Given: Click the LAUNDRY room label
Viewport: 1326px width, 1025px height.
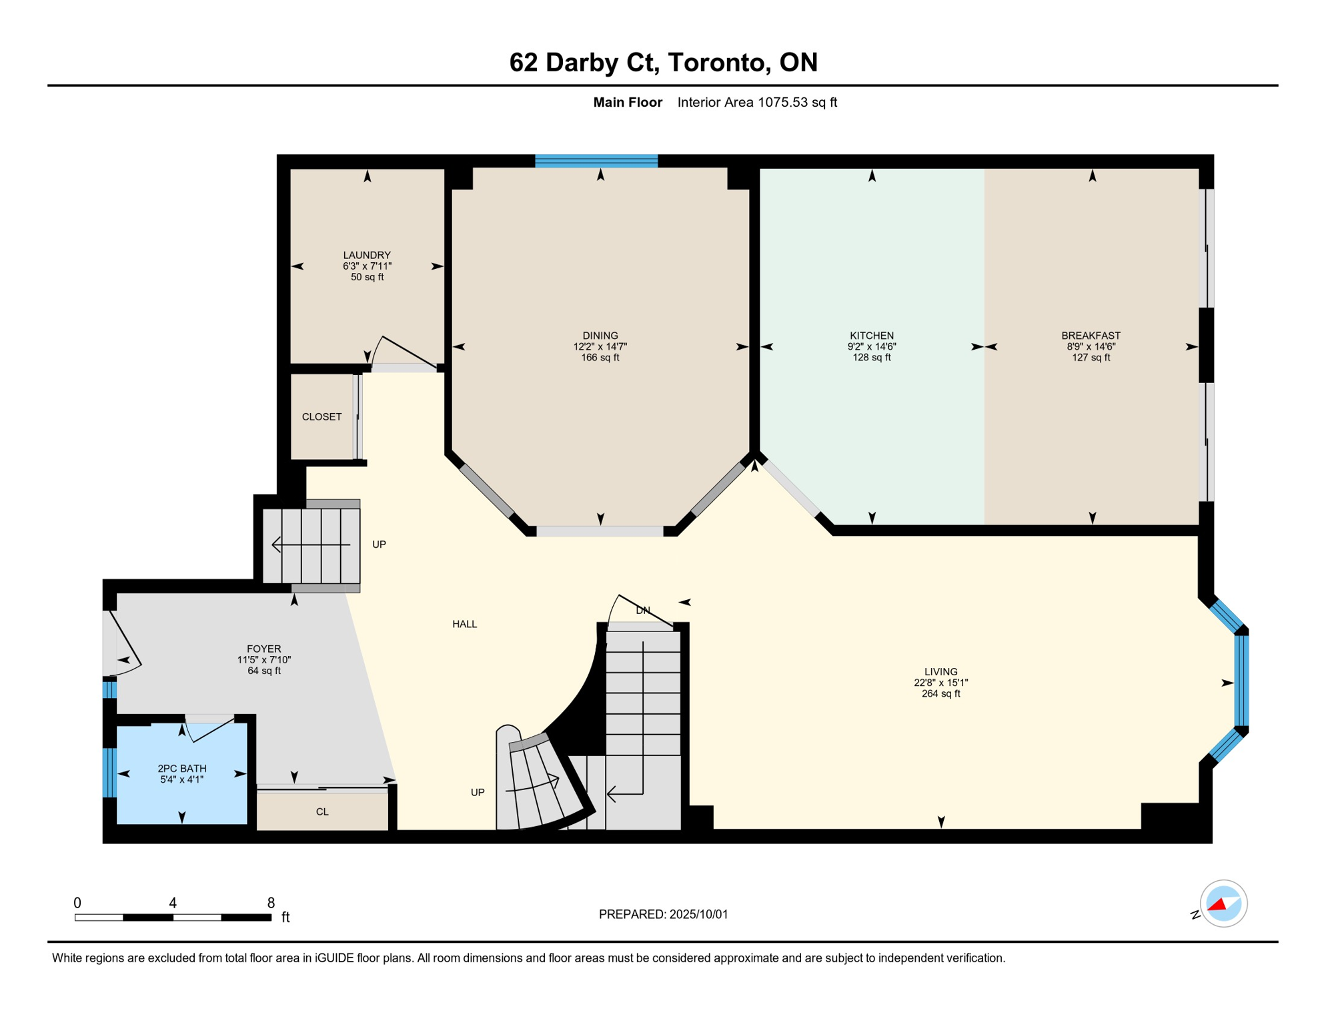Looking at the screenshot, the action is click(367, 255).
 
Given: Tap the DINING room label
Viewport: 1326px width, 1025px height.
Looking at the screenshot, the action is click(600, 336).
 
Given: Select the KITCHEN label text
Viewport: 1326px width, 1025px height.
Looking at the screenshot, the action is click(872, 336).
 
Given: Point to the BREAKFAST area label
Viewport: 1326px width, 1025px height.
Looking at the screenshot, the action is click(1091, 336).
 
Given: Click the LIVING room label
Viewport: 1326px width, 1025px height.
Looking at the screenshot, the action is click(941, 672).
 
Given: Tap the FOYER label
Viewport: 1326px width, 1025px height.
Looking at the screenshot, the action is click(264, 649).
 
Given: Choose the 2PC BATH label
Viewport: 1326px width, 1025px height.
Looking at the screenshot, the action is click(182, 769).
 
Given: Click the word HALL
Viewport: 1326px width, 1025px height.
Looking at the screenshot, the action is click(465, 624).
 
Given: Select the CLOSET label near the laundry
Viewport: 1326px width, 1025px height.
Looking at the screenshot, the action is click(321, 416).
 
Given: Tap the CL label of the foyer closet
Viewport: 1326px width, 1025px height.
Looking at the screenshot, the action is click(322, 811).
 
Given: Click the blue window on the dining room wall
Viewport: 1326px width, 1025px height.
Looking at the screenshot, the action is click(596, 161).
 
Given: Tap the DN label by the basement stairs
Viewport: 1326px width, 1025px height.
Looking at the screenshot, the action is click(643, 610).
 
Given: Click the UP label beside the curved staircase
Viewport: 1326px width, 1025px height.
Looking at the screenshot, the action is click(478, 792).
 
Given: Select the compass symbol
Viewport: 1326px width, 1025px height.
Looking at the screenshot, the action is click(1223, 904).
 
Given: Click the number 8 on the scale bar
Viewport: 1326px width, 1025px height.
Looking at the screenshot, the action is click(271, 903).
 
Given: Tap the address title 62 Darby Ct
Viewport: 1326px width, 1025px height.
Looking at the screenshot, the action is click(585, 62).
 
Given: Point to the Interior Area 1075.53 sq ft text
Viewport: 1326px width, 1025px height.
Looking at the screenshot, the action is click(757, 102).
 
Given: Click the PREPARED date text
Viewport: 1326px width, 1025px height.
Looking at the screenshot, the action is click(664, 914).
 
